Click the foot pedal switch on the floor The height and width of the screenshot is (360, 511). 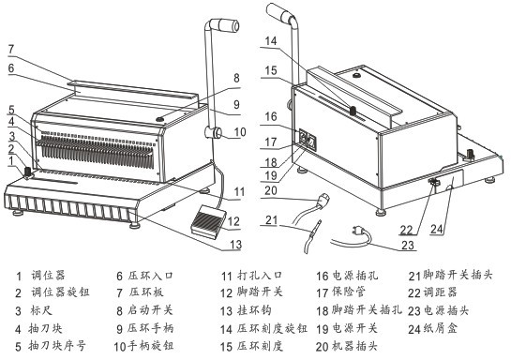tap(208, 221)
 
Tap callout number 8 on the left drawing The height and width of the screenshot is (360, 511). tap(236, 78)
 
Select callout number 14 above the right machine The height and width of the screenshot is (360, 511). tap(271, 41)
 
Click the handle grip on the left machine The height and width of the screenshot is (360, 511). tap(225, 25)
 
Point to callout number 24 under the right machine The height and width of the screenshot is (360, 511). tap(437, 229)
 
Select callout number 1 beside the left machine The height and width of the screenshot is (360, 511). tap(12, 160)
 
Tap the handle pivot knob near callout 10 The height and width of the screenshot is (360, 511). tap(214, 133)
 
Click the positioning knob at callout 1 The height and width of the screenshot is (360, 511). tap(28, 172)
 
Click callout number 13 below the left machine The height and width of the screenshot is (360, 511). tap(236, 245)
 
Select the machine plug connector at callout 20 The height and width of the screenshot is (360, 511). tap(323, 201)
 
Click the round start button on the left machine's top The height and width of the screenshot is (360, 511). tap(160, 119)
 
